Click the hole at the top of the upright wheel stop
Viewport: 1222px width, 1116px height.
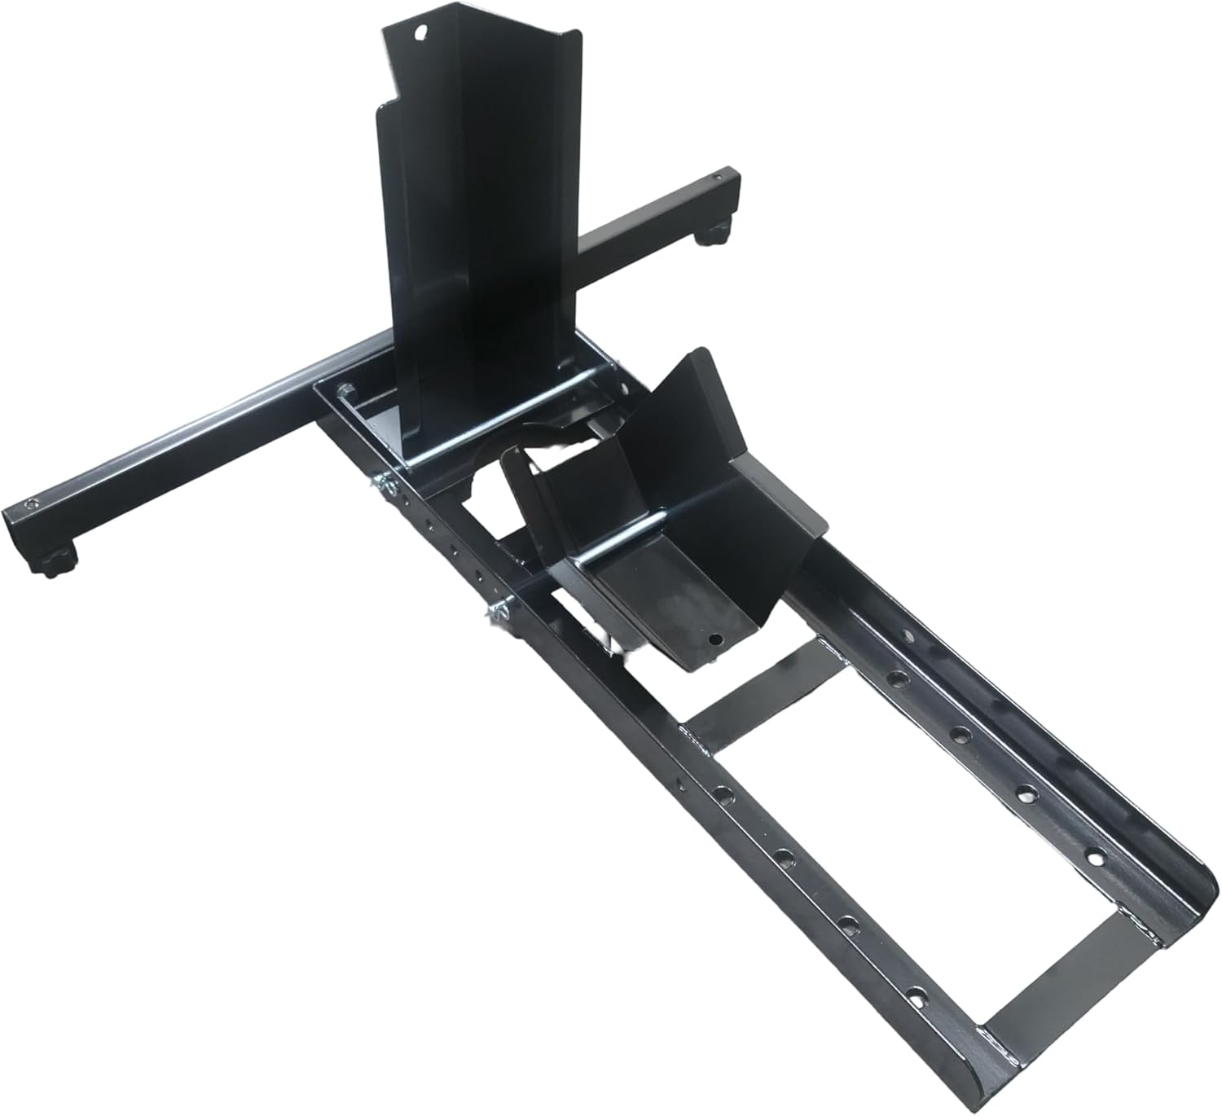coord(421,33)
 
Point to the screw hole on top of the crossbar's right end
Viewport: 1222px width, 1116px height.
coord(718,174)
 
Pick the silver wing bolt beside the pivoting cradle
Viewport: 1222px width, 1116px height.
coord(495,611)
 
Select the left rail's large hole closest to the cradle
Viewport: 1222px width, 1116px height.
coord(722,790)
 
